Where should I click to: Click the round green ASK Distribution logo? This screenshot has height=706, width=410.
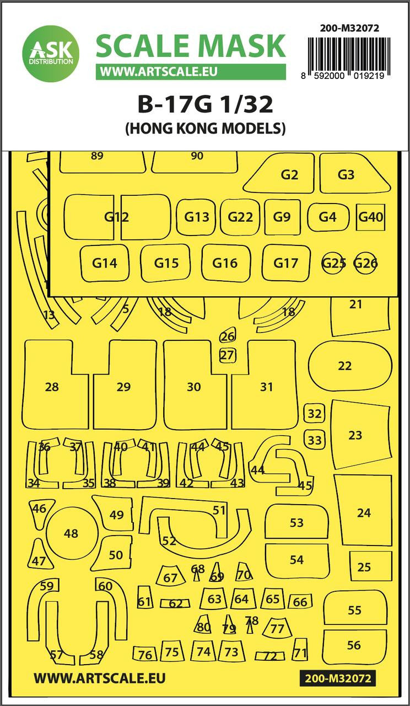[x=51, y=54]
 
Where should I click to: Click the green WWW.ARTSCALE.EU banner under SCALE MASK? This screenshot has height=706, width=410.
[x=191, y=72]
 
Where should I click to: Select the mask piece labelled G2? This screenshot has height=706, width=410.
[x=279, y=173]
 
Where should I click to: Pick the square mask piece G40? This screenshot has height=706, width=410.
[x=371, y=217]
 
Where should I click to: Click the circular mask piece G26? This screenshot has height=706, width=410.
[x=365, y=262]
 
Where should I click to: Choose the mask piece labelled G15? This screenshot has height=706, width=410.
[x=166, y=263]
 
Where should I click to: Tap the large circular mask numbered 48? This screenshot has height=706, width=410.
[x=71, y=533]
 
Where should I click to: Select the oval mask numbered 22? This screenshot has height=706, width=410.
[x=350, y=366]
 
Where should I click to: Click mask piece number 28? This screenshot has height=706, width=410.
[x=56, y=384]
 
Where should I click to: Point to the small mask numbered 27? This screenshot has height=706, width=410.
[x=227, y=355]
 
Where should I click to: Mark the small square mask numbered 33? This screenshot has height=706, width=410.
[x=314, y=440]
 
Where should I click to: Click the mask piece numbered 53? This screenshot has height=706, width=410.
[x=296, y=522]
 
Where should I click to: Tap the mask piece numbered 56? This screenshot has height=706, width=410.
[x=354, y=645]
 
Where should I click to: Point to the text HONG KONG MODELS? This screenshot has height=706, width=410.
[x=206, y=128]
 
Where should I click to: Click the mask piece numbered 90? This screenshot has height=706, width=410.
[x=195, y=161]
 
